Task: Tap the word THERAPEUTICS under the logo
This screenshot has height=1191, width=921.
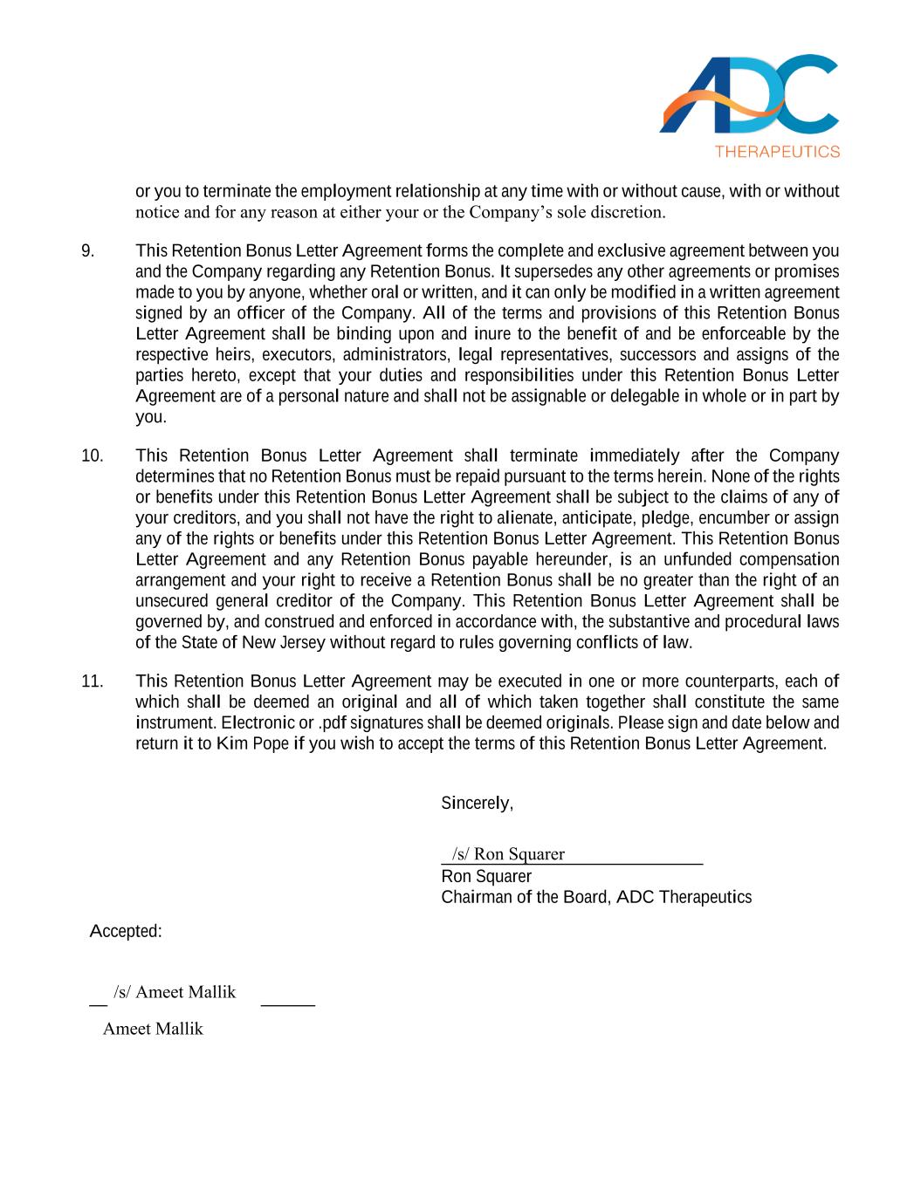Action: (777, 152)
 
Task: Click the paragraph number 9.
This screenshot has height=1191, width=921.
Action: (87, 251)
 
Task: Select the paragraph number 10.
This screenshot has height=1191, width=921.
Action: (92, 455)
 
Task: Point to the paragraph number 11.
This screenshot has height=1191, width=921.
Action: (92, 681)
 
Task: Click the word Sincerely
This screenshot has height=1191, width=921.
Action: (477, 804)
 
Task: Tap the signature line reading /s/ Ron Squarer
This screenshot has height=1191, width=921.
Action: (508, 854)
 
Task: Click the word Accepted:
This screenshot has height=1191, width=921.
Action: (126, 932)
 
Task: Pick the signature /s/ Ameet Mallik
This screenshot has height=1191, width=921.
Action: (175, 992)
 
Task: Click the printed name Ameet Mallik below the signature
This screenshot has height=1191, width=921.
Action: (153, 1029)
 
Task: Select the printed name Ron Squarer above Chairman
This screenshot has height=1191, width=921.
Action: (486, 877)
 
